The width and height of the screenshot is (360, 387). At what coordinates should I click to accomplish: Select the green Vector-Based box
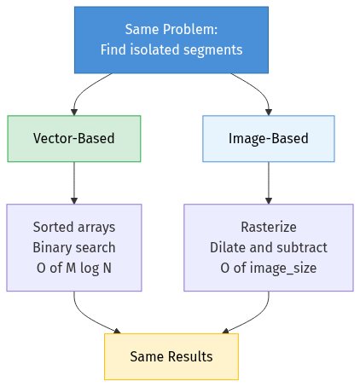pyautogui.click(x=74, y=138)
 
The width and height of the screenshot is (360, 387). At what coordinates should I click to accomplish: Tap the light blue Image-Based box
pyautogui.click(x=268, y=138)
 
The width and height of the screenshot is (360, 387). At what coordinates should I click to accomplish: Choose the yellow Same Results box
pyautogui.click(x=171, y=356)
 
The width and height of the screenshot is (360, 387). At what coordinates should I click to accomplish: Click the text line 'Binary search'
pyautogui.click(x=74, y=248)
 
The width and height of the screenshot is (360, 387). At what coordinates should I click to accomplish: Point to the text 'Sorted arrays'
pyautogui.click(x=74, y=228)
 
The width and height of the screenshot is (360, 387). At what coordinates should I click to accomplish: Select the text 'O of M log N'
pyautogui.click(x=74, y=269)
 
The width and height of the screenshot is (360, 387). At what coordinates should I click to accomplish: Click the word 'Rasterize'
pyautogui.click(x=268, y=228)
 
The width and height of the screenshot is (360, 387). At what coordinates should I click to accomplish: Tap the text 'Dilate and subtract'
pyautogui.click(x=268, y=248)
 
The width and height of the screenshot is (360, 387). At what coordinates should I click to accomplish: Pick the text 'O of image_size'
pyautogui.click(x=268, y=269)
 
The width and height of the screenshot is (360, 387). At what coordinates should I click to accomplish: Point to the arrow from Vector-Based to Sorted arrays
pyautogui.click(x=74, y=183)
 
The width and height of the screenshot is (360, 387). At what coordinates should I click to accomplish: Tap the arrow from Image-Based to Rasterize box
pyautogui.click(x=268, y=183)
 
